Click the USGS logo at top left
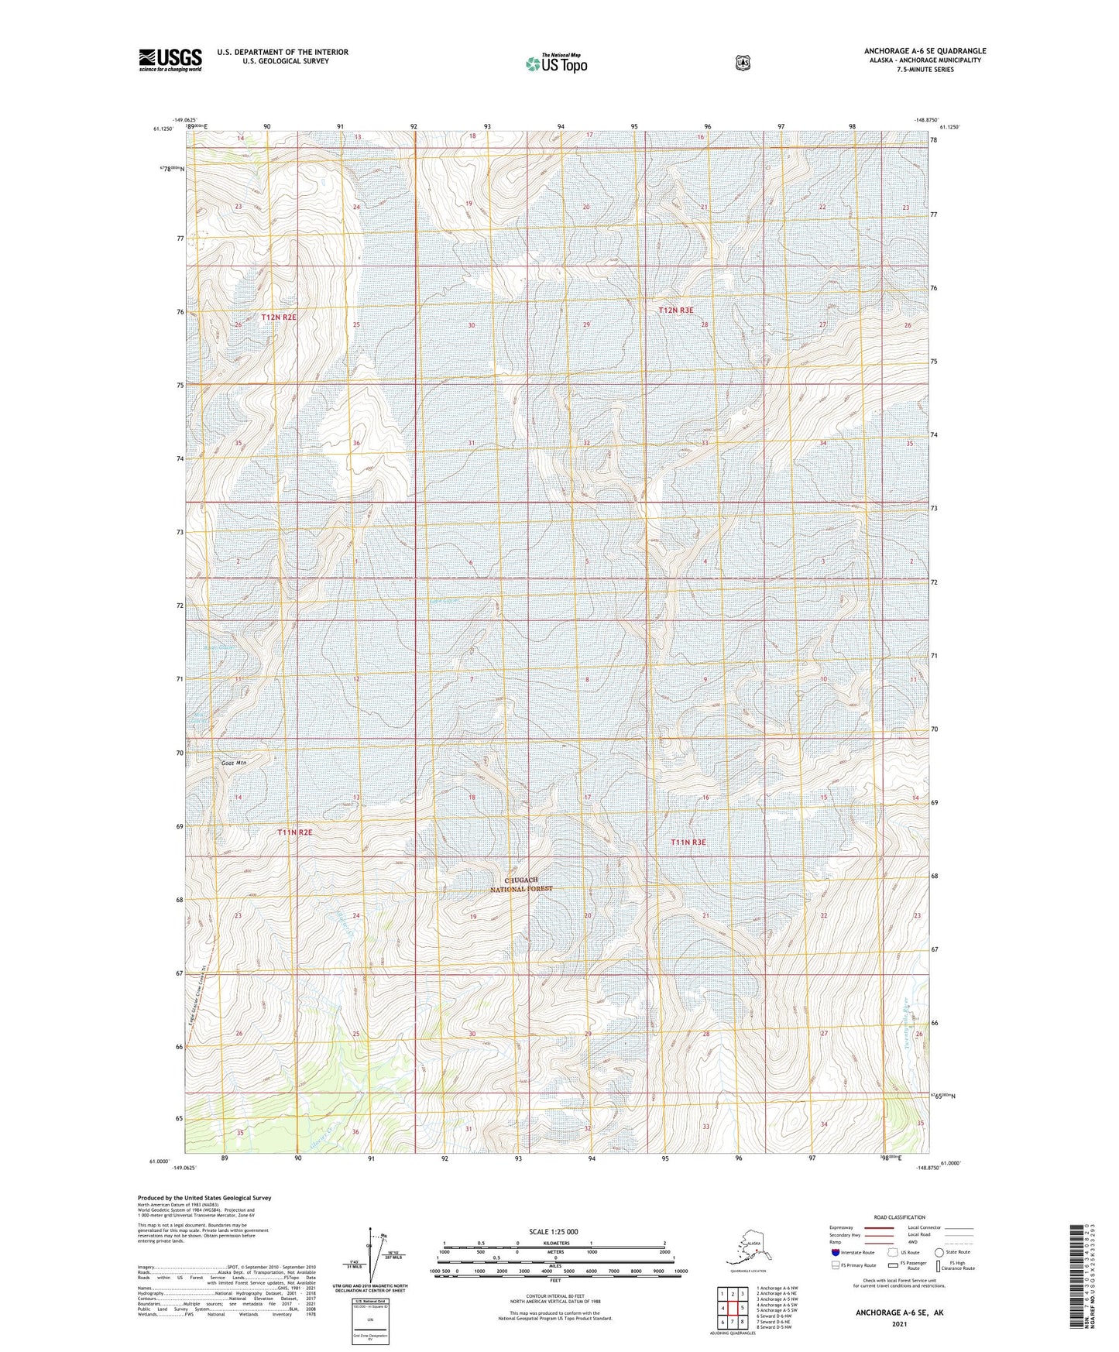170,60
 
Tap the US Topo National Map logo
556,63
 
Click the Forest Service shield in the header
743,63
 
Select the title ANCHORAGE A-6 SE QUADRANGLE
925,51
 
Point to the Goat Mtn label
233,763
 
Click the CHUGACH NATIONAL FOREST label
521,884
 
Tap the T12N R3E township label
675,310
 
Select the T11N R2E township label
295,832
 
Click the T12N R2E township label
279,317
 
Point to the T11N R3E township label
688,842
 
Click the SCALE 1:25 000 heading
553,1231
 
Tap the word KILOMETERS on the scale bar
554,1243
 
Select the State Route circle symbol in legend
939,1252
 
